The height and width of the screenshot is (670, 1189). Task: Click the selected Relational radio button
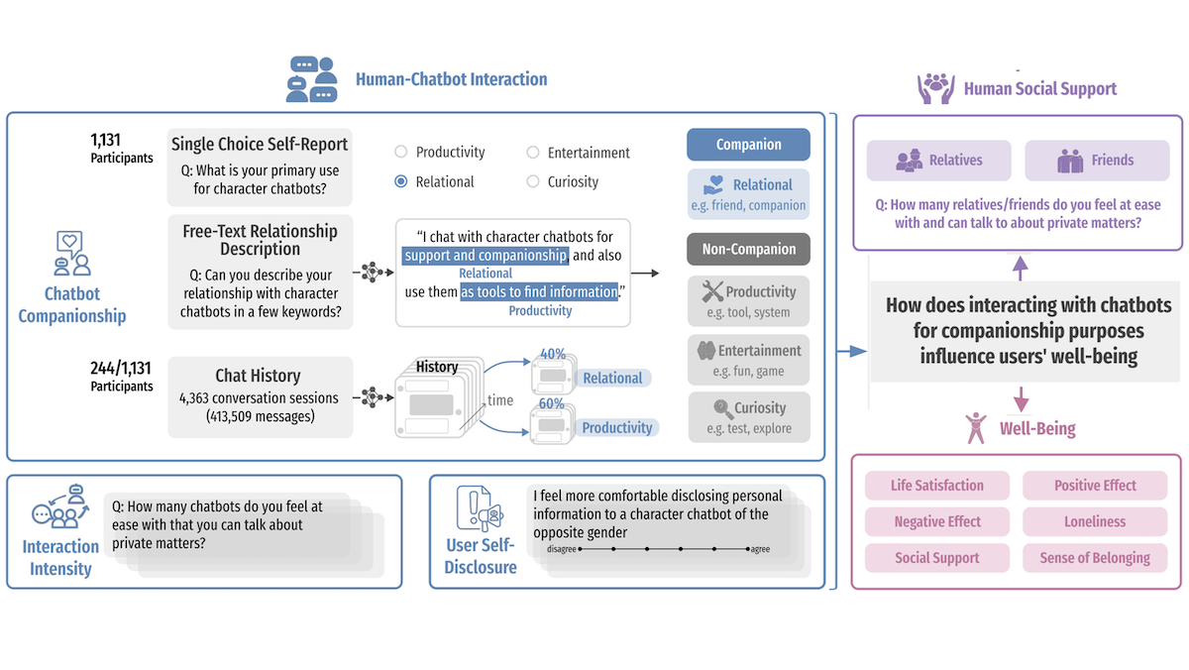(401, 181)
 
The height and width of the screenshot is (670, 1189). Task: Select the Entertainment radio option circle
(533, 153)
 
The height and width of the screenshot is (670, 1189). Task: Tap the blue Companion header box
(748, 145)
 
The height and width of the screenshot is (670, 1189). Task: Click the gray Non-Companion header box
(748, 250)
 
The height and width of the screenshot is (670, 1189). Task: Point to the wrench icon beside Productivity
(712, 291)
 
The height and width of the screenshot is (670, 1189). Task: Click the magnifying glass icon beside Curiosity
(723, 408)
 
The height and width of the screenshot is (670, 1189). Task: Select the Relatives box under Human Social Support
(938, 161)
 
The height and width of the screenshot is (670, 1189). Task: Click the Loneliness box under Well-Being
(1094, 521)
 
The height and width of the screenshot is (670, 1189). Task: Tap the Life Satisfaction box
(936, 486)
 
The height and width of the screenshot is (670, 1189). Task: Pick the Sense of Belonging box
(1094, 558)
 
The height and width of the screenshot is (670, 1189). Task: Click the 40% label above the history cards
(553, 355)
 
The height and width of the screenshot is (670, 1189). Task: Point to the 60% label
(553, 404)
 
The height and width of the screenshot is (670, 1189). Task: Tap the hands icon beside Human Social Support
(935, 89)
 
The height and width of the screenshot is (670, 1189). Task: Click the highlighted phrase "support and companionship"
(486, 256)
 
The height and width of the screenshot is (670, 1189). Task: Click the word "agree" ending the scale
(760, 550)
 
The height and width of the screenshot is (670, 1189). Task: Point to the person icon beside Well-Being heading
(976, 428)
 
